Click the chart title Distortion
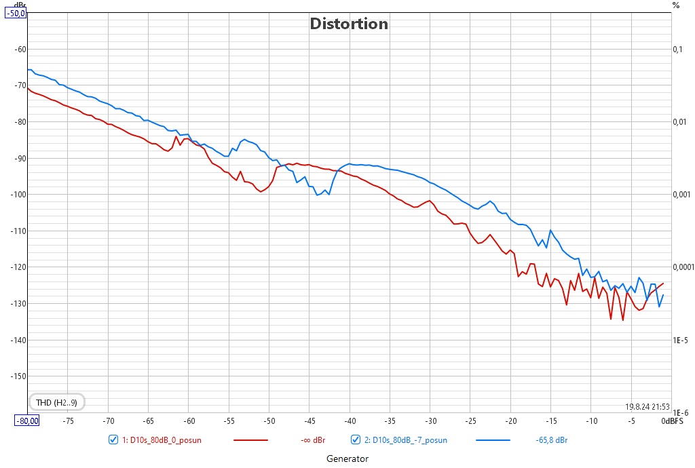(x=349, y=24)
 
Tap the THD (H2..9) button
(x=56, y=402)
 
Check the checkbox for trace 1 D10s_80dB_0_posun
(x=113, y=440)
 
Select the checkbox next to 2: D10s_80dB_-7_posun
(x=356, y=440)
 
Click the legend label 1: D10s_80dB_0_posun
(x=162, y=440)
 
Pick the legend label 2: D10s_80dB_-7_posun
(x=406, y=440)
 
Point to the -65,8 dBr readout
(x=551, y=440)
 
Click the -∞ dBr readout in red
(x=313, y=440)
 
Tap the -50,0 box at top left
(x=16, y=14)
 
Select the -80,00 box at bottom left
(x=27, y=421)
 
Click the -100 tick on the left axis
(x=18, y=195)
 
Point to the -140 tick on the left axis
(x=18, y=340)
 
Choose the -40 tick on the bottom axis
(x=350, y=421)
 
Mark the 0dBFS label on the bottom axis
(x=673, y=421)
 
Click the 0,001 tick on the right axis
(x=681, y=195)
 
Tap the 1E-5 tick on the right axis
(x=680, y=340)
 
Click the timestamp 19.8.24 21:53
(x=647, y=406)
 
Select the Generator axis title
(x=347, y=459)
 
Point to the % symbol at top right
(x=675, y=5)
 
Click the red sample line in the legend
(x=251, y=440)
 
